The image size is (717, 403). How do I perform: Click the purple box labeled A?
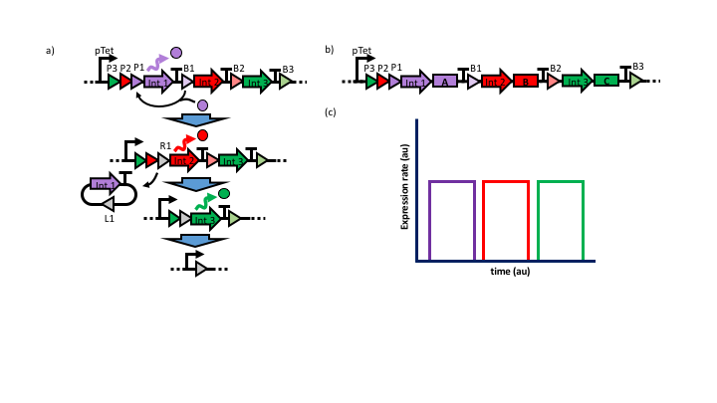click(444, 82)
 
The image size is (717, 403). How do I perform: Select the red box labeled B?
click(526, 82)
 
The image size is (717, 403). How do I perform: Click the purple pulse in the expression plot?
click(452, 219)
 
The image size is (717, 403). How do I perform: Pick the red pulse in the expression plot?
click(506, 219)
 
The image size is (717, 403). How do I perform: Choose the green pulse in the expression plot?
click(560, 219)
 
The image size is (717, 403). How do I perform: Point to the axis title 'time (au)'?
click(508, 271)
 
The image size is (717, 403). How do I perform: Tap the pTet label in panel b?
click(362, 51)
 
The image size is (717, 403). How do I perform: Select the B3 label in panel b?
click(638, 67)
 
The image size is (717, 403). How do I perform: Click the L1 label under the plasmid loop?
click(110, 218)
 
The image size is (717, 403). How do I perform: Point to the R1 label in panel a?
click(164, 145)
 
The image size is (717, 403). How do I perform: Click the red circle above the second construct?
click(202, 135)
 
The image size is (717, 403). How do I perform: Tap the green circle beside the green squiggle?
click(224, 193)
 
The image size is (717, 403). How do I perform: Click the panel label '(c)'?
click(330, 111)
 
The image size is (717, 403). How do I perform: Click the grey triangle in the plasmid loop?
click(109, 203)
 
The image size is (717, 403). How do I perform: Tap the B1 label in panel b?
click(476, 68)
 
